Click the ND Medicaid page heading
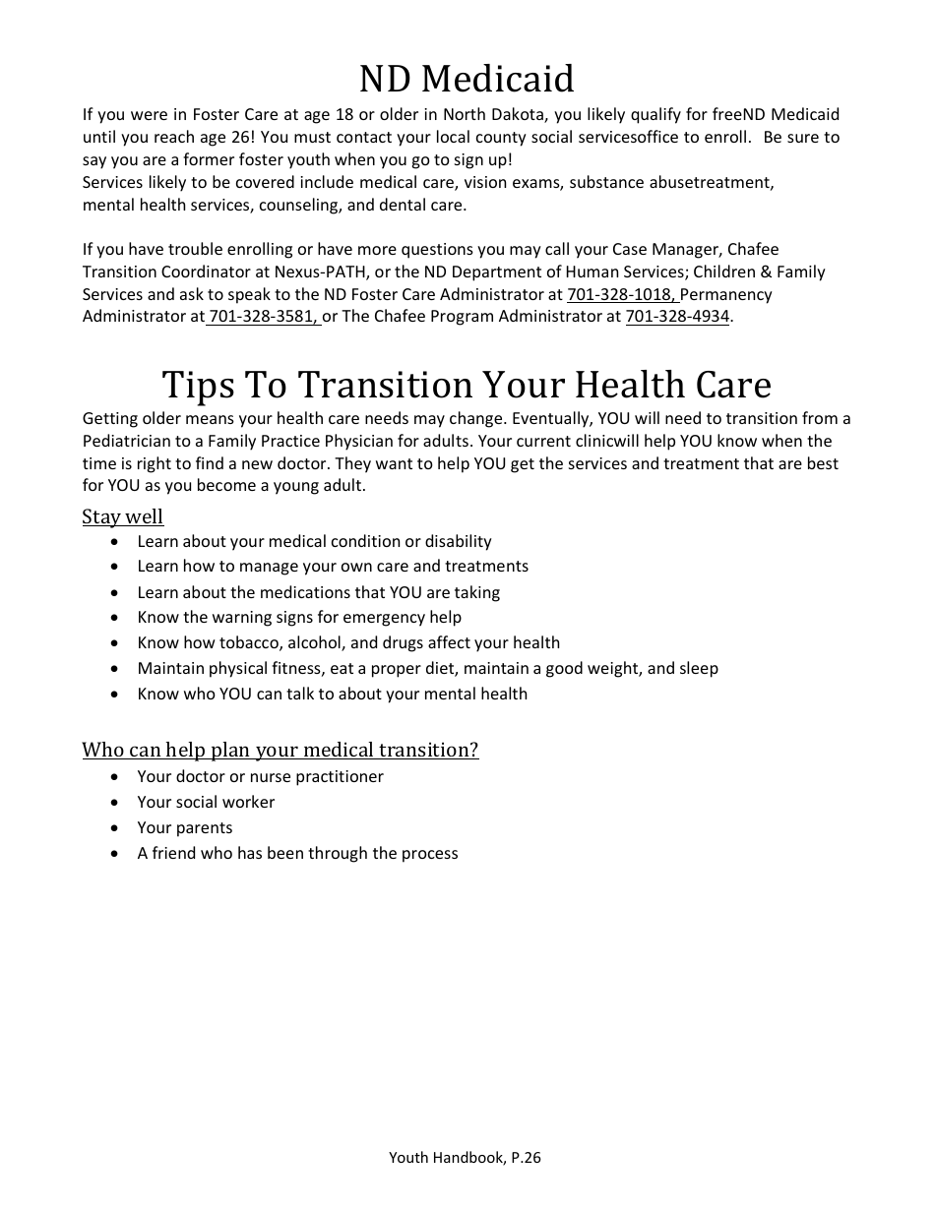point(467,79)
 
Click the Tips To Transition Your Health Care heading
point(467,384)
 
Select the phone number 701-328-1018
point(620,294)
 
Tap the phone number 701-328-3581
point(263,317)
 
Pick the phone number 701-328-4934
point(677,317)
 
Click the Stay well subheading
point(123,516)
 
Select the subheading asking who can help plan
point(280,750)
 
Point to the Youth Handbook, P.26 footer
point(465,1158)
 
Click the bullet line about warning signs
point(299,618)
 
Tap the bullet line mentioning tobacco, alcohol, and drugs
point(348,643)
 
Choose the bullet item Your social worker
point(206,803)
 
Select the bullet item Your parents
point(185,828)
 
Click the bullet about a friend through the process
point(297,854)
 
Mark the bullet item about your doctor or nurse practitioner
point(260,777)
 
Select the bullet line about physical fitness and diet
point(427,669)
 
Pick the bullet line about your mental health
point(332,695)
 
